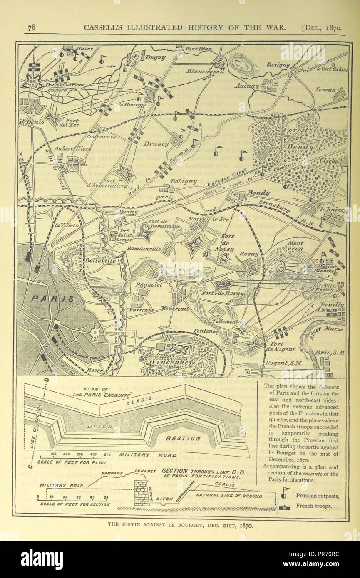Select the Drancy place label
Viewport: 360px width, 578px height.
157,144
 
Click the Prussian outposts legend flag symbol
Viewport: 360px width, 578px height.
286,494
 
